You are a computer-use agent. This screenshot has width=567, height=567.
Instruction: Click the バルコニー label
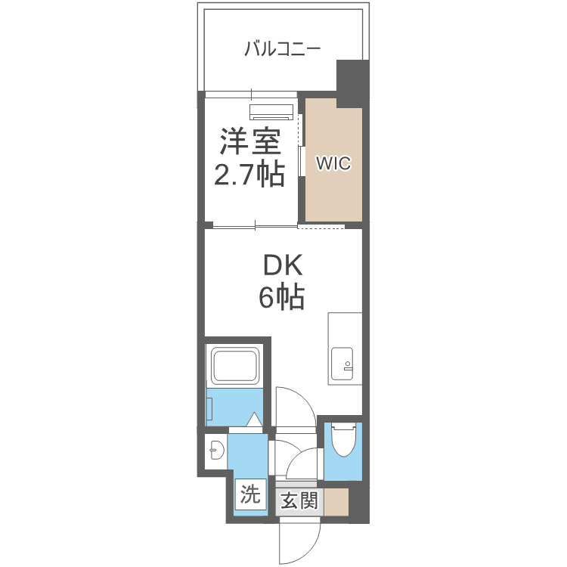[283, 51]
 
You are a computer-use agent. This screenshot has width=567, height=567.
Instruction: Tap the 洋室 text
[250, 142]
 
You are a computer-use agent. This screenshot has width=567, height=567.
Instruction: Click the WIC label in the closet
[333, 163]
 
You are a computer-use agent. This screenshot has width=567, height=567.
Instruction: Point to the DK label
[282, 265]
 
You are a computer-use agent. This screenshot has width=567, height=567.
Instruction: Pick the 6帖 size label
[281, 298]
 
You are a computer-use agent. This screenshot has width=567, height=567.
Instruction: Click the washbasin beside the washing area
[215, 452]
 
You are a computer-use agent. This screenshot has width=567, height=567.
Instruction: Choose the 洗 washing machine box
[250, 495]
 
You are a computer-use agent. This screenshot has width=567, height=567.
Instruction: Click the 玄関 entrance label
[300, 500]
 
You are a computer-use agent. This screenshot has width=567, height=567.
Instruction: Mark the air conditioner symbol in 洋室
[271, 111]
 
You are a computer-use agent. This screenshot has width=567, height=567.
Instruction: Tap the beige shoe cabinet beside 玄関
[337, 501]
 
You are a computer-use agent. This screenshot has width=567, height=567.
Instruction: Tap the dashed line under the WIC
[321, 227]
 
